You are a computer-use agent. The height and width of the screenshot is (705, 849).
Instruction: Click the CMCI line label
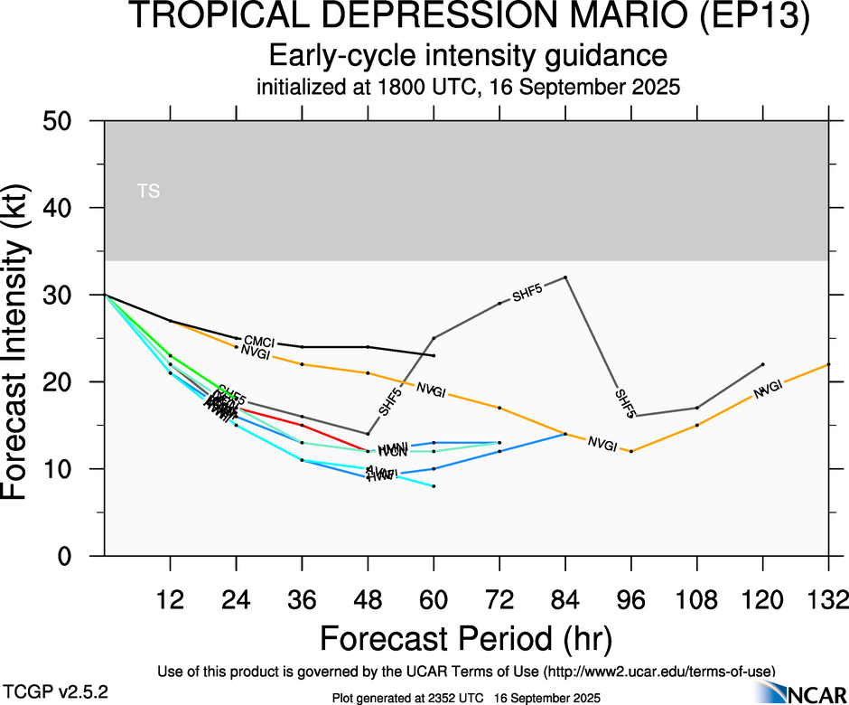259,343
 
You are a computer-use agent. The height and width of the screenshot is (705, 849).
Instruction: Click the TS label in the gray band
148,191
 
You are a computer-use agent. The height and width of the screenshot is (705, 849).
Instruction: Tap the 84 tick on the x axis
565,598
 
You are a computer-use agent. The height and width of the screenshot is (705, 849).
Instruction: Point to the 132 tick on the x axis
829,598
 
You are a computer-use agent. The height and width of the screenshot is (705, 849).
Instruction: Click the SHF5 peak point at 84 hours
565,277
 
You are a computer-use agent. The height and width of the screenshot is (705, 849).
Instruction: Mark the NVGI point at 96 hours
631,451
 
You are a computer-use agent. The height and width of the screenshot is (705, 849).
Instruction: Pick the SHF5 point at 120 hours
763,364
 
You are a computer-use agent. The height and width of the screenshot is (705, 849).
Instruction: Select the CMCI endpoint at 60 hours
434,355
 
